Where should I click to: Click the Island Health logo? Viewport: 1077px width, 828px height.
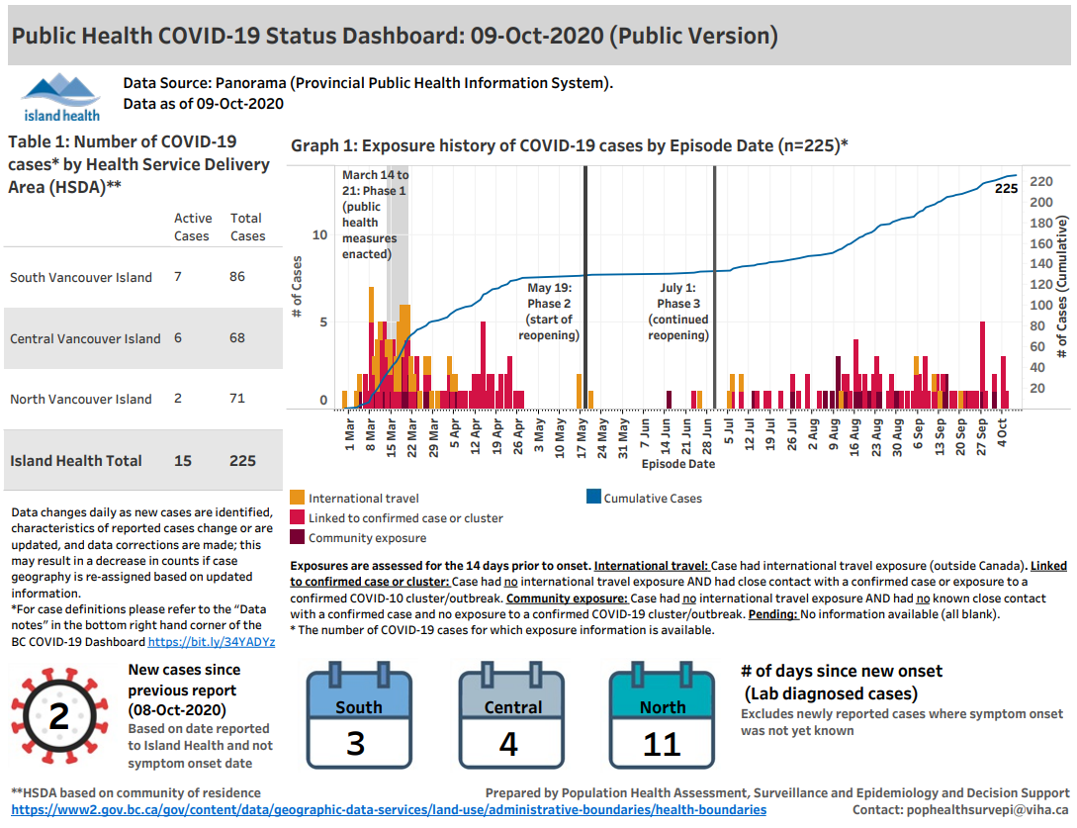click(x=60, y=95)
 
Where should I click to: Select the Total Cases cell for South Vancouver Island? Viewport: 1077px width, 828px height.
click(x=237, y=277)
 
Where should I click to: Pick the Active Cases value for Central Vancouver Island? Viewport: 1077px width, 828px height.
click(x=178, y=338)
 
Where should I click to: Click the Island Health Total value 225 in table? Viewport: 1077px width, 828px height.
click(x=242, y=461)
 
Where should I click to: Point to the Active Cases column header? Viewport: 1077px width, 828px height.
click(x=193, y=227)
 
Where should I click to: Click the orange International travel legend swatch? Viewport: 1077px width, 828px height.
click(x=297, y=499)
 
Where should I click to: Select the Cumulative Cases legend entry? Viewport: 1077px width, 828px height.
click(x=653, y=499)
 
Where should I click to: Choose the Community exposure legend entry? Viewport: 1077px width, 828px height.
click(x=367, y=538)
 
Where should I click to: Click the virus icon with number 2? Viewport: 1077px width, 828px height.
click(x=58, y=717)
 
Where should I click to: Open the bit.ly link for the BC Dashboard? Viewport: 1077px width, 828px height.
click(x=211, y=642)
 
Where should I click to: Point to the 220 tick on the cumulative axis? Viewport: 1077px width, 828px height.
click(x=1040, y=182)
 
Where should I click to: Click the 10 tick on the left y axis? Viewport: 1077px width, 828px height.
click(x=319, y=235)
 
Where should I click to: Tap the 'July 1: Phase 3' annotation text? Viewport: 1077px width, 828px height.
click(x=678, y=296)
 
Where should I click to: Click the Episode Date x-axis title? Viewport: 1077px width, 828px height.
click(x=677, y=463)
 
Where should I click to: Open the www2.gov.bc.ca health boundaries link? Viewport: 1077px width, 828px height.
click(x=389, y=809)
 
